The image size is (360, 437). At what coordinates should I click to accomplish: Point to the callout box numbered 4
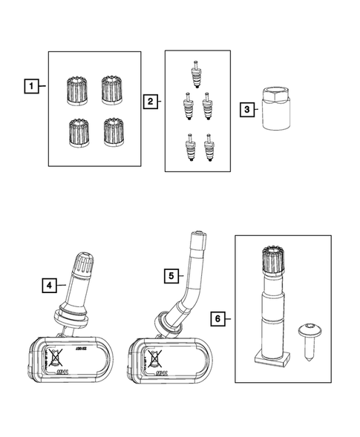[x=49, y=283]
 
